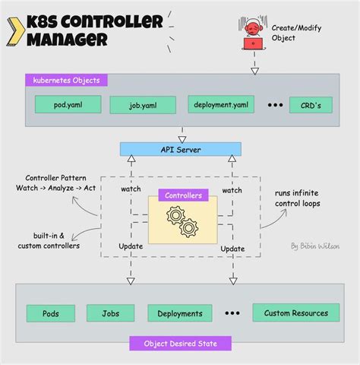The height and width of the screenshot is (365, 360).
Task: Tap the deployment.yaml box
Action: point(220,103)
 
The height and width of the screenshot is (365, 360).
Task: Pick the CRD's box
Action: point(311,104)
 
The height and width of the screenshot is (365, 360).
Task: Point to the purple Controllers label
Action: point(182,195)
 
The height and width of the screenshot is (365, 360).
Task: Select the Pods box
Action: point(50,313)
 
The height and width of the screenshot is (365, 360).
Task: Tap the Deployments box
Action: point(180,313)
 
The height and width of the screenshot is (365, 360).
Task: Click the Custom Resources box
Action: point(295,313)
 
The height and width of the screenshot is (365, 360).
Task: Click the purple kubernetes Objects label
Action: point(66,80)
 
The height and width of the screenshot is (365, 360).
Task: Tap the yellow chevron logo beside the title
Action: point(13,29)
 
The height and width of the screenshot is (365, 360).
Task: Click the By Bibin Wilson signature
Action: point(314,246)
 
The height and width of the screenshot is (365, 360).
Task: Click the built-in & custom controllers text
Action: point(52,241)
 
